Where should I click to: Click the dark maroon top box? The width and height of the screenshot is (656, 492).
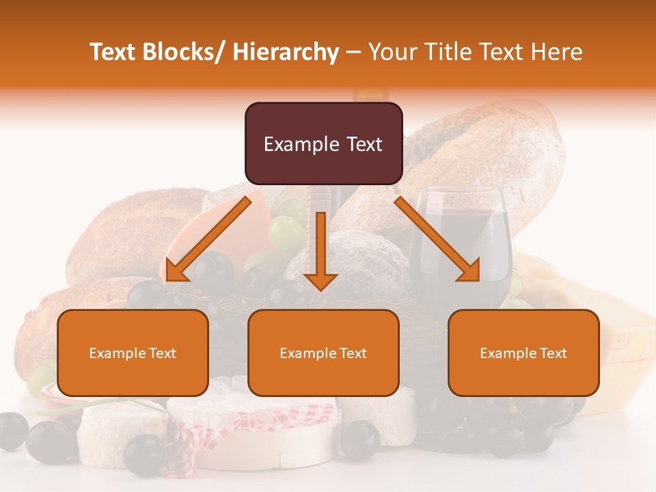323,143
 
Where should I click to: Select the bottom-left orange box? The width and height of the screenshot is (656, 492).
133,353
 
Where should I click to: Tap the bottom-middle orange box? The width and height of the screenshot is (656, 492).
323,353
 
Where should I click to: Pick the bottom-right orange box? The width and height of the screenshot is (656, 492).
523,353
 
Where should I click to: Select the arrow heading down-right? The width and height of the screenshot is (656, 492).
437,239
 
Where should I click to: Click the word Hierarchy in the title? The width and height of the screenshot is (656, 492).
286,52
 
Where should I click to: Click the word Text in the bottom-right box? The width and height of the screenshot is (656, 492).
553,353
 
